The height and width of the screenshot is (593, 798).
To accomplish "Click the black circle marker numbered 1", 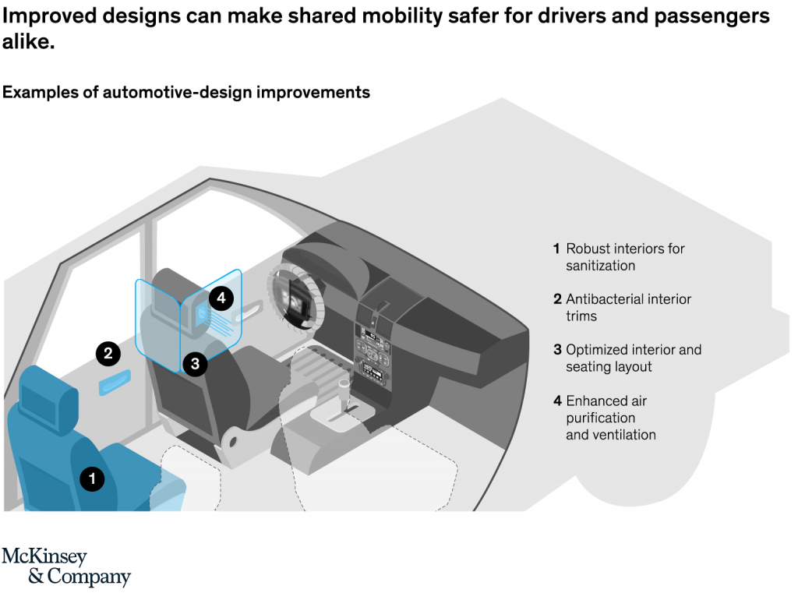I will click(x=92, y=478).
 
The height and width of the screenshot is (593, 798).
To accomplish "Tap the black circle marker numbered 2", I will click(x=108, y=353).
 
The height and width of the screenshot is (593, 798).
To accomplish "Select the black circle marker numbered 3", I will click(x=196, y=362).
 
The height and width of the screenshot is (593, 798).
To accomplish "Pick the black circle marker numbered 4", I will click(x=221, y=297).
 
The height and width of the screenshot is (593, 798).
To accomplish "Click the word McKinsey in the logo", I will click(x=44, y=557).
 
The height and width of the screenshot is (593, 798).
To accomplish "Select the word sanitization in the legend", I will click(x=601, y=266).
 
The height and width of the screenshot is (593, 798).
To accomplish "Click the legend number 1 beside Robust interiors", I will click(x=556, y=249).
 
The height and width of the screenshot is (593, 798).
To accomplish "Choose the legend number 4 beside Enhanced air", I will click(x=557, y=401).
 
